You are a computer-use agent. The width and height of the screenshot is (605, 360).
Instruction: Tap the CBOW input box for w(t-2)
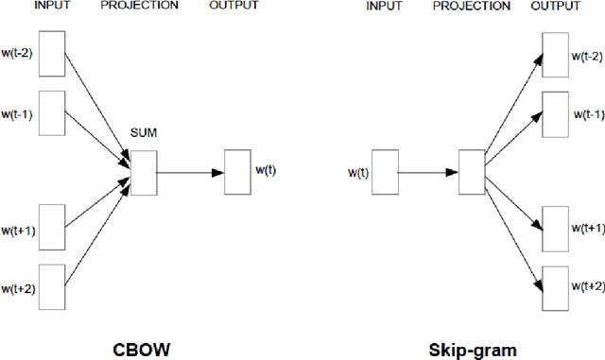coord(51,52)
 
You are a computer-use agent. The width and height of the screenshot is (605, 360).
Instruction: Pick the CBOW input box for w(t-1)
coord(51,114)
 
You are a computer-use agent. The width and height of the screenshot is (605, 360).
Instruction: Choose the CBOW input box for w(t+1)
coord(51,226)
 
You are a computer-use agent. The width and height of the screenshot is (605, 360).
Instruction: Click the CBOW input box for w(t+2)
coord(51,287)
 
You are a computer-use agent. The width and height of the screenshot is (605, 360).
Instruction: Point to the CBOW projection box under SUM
coord(143,172)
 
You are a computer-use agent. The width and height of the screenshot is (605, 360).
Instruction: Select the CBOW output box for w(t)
coord(237,172)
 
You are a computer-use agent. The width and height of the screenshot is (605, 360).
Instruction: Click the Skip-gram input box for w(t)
coord(385,173)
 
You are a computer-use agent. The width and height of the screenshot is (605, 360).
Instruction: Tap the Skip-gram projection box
coord(470,173)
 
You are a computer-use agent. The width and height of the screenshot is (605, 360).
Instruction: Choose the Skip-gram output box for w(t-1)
coord(555,114)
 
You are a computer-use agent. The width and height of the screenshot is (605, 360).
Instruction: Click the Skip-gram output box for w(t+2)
coord(555,287)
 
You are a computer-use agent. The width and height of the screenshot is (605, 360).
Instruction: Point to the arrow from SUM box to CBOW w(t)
coord(189,172)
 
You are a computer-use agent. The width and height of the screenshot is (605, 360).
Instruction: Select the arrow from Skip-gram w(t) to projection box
coord(426,173)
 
